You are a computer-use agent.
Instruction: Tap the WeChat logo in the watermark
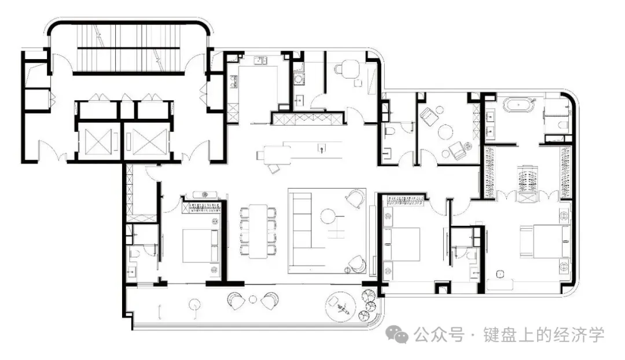tap(397, 334)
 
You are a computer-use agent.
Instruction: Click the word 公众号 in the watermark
tap(439, 335)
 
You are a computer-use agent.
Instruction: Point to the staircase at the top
tap(128, 48)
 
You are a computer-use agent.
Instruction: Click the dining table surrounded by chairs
tap(258, 231)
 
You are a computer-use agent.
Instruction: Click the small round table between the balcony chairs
tap(253, 299)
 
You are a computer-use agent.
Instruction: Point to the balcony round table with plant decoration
tap(340, 306)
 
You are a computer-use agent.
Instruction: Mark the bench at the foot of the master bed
tap(500, 285)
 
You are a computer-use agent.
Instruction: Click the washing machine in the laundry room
tap(298, 80)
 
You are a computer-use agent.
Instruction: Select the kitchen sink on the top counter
tap(260, 61)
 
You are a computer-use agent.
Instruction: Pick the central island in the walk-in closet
tap(527, 184)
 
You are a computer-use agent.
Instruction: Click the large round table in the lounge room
tap(446, 131)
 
